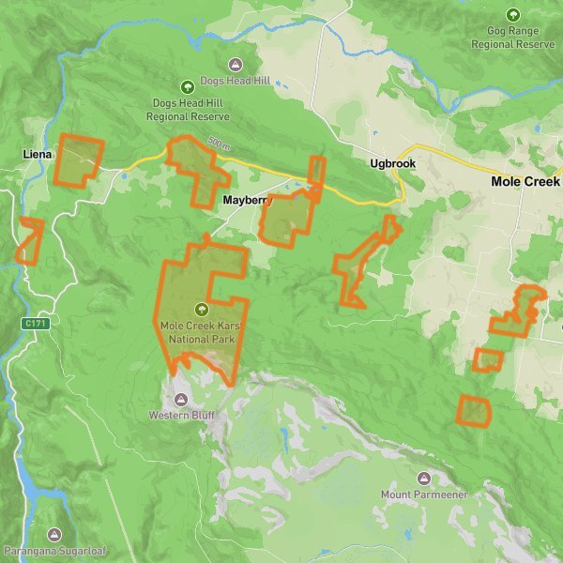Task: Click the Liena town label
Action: (38, 153)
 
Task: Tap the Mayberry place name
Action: (246, 201)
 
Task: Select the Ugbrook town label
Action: (392, 163)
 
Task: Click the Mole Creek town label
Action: (525, 181)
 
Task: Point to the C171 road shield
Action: (36, 324)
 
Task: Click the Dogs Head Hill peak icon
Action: (235, 65)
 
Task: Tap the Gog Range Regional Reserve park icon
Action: (512, 14)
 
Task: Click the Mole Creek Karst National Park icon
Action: (201, 309)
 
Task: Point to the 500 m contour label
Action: (219, 145)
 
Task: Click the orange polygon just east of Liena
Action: (78, 160)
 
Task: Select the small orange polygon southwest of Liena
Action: (29, 240)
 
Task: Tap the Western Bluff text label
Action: (174, 414)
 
